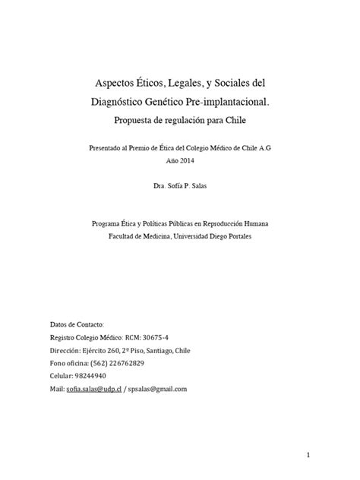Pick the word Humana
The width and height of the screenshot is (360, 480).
(252, 225)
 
